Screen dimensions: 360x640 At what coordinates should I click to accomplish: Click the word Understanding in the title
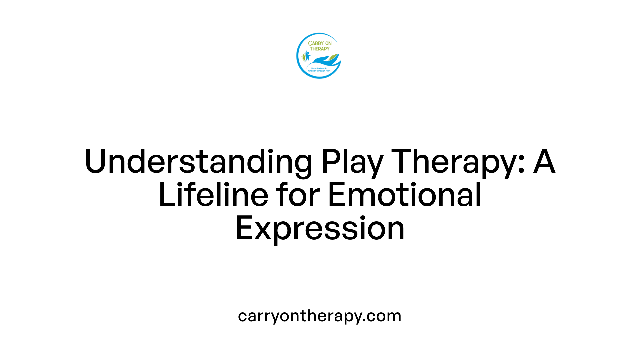click(198, 162)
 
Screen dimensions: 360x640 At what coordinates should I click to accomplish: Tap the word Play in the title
click(352, 162)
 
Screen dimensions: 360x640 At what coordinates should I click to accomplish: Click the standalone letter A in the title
click(544, 162)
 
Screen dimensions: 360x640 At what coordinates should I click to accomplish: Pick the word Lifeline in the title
click(213, 195)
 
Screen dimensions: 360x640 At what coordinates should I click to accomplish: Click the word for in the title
click(298, 195)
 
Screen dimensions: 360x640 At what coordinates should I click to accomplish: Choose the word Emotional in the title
click(405, 195)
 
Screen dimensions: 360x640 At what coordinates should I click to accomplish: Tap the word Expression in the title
click(320, 229)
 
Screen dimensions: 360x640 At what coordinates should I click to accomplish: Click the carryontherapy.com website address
click(320, 316)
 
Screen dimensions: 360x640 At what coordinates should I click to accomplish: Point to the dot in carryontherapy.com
click(364, 321)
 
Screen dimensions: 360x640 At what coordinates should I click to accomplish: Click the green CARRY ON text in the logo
click(320, 43)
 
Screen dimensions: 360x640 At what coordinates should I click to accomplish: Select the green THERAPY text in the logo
click(320, 49)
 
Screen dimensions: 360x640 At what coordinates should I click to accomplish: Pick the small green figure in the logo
click(304, 57)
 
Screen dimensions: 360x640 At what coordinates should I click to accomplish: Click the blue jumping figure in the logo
click(307, 55)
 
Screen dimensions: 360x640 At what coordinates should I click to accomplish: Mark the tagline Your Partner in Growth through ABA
click(319, 70)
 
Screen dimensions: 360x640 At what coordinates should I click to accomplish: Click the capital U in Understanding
click(95, 162)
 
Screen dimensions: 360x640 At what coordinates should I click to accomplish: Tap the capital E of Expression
click(242, 229)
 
